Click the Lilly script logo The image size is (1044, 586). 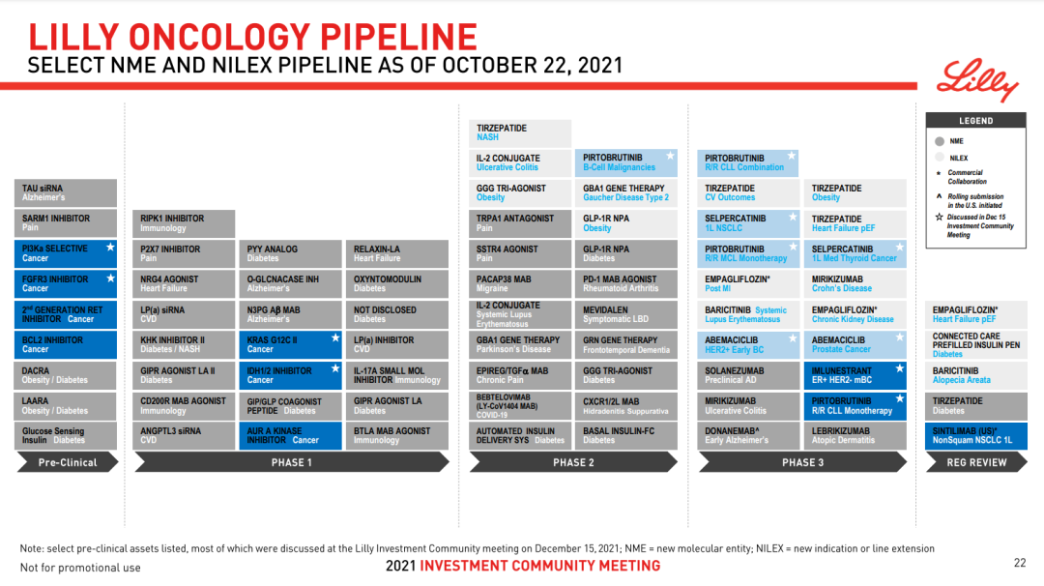pos(976,80)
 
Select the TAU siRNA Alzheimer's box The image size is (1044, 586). pos(66,193)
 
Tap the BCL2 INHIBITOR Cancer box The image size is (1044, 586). pos(66,344)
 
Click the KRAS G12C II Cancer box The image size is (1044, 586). pos(290,344)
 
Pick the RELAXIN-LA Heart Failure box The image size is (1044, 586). pos(397,253)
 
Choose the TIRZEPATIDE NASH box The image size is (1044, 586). pos(520,132)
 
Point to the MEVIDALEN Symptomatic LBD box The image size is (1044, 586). pos(625,314)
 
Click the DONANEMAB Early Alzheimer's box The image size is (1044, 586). pos(747,435)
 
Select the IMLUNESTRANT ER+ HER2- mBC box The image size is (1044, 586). pos(855,375)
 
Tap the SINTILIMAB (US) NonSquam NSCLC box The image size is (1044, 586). pos(976,435)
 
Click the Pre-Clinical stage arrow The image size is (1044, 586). pos(68,462)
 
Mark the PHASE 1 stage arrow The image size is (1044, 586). pos(292,462)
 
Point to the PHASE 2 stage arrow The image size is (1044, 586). pos(573,462)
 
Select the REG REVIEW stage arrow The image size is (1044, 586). pos(976,462)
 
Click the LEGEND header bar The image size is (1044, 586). pos(976,121)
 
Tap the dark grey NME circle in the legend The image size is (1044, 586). pos(940,141)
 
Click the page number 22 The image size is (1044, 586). pos(1020,563)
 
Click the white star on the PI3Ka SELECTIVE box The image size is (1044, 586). pos(110,247)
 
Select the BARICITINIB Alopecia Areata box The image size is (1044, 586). pos(976,375)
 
